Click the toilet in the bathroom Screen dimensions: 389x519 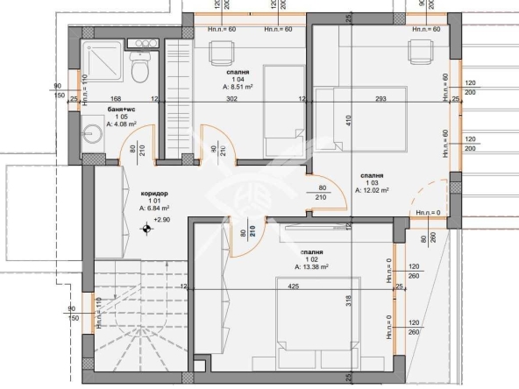click(139, 64)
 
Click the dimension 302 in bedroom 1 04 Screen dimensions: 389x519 click(232, 99)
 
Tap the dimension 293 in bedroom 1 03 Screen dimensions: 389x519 click(380, 99)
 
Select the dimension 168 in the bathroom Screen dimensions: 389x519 click(115, 99)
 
